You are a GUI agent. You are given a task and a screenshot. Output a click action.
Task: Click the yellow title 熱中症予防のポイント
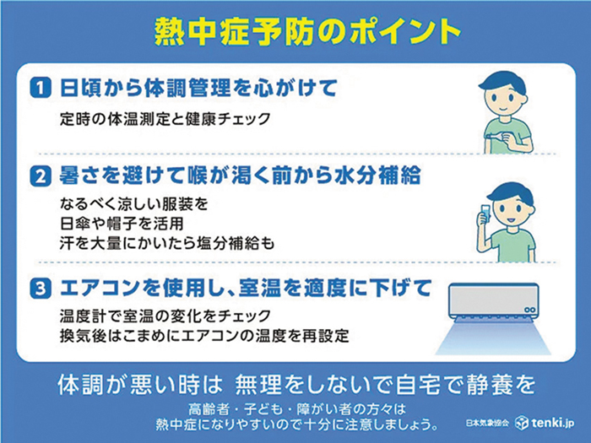(308, 31)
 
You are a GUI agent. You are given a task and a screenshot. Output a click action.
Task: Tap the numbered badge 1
(41, 88)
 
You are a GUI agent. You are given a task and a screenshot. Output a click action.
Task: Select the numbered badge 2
(41, 176)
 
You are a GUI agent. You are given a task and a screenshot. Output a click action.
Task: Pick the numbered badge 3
(41, 289)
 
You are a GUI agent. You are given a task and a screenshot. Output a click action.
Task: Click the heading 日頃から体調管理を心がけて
(198, 88)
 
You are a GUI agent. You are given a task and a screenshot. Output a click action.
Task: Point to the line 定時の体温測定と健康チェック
(165, 119)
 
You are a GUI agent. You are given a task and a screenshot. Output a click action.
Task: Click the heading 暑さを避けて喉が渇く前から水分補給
(240, 176)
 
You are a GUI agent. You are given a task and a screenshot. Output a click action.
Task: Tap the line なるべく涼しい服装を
(133, 204)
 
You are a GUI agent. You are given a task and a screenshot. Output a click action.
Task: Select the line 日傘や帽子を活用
(122, 224)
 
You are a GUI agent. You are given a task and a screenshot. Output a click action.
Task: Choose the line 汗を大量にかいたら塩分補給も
(167, 243)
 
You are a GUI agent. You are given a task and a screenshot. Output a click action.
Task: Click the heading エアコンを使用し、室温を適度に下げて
(246, 289)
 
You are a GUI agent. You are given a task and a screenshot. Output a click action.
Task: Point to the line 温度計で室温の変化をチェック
(165, 316)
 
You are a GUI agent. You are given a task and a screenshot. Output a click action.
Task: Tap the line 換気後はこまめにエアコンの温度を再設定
(204, 336)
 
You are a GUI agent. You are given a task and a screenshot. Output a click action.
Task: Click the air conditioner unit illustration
(493, 301)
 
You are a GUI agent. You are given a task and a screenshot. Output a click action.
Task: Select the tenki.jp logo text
(545, 423)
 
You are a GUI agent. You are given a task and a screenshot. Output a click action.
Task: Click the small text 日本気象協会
(487, 423)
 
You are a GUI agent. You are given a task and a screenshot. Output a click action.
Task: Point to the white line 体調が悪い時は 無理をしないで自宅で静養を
(296, 385)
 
